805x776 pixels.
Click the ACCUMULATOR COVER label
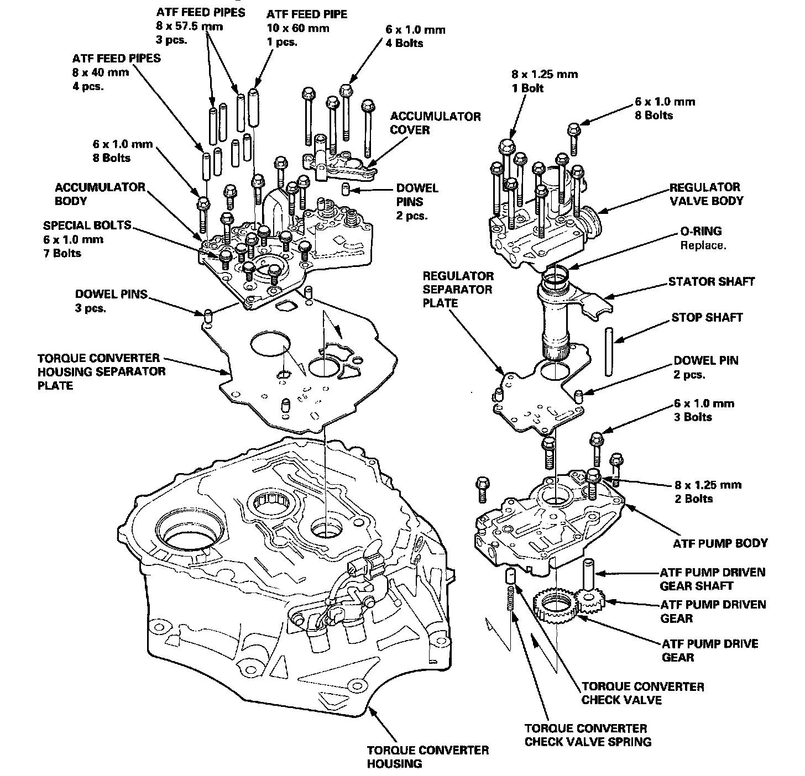pos(436,123)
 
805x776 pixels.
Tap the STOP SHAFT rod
pos(609,352)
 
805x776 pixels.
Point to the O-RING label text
pos(701,231)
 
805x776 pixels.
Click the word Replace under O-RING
pos(703,245)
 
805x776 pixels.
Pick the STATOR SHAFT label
pos(711,281)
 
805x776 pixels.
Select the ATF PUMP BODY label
pos(720,543)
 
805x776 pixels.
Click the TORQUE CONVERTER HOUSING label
pos(428,757)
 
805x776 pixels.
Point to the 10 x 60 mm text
pos(297,28)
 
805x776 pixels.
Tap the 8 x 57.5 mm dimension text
pos(190,27)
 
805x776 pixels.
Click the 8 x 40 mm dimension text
pos(100,72)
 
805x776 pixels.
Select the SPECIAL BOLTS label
pos(87,226)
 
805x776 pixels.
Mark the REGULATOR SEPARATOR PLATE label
pos(458,289)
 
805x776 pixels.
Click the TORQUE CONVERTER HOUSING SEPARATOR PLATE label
pos(101,371)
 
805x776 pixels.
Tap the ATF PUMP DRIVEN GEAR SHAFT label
pos(713,579)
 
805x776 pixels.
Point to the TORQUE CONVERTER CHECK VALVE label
pos(643,693)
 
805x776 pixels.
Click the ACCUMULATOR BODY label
pos(100,194)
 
